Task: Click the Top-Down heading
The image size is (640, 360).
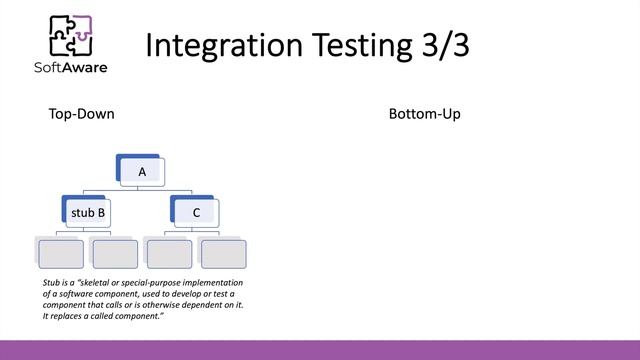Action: click(x=81, y=114)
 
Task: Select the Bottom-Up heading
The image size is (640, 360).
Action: click(x=424, y=114)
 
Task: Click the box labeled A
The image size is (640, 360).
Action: click(x=142, y=172)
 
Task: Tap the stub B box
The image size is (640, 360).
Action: click(x=88, y=212)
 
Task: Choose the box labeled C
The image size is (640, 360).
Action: click(x=196, y=212)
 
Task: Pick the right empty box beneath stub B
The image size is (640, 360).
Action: click(x=113, y=253)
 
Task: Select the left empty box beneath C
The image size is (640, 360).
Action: click(x=168, y=253)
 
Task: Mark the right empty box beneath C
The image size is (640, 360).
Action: click(x=222, y=253)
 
